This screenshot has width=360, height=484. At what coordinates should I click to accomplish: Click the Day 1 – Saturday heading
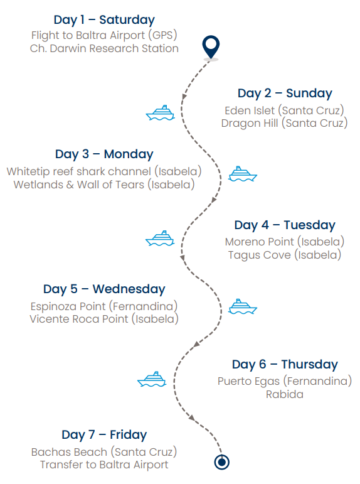pyautogui.click(x=104, y=20)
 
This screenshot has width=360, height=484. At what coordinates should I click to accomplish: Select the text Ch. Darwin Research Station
pyautogui.click(x=104, y=48)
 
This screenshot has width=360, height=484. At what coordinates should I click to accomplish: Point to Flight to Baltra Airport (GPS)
pyautogui.click(x=104, y=35)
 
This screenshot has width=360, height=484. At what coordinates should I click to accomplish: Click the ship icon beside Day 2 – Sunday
pyautogui.click(x=161, y=112)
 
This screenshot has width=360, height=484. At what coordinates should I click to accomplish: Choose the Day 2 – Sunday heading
pyautogui.click(x=285, y=93)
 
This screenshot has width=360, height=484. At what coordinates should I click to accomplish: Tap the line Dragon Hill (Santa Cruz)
pyautogui.click(x=284, y=123)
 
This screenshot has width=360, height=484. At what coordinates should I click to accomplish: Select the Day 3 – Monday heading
pyautogui.click(x=104, y=154)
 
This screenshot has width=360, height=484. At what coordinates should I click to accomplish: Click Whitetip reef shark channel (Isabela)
pyautogui.click(x=104, y=171)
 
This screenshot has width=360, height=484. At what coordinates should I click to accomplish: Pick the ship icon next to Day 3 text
pyautogui.click(x=243, y=174)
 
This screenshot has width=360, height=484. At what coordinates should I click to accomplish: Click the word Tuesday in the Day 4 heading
pyautogui.click(x=309, y=225)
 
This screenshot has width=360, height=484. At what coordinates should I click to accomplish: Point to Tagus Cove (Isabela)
pyautogui.click(x=284, y=255)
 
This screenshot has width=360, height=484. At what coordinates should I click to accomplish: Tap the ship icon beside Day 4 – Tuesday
pyautogui.click(x=160, y=239)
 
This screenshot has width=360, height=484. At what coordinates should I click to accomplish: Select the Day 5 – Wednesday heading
pyautogui.click(x=104, y=289)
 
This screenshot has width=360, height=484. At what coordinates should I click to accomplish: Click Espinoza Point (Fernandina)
pyautogui.click(x=104, y=306)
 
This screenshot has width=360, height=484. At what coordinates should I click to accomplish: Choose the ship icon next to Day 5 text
pyautogui.click(x=243, y=306)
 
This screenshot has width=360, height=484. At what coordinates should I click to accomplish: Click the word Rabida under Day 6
pyautogui.click(x=284, y=394)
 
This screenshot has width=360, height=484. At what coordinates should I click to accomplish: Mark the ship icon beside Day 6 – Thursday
pyautogui.click(x=152, y=379)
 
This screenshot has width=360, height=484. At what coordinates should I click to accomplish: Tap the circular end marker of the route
pyautogui.click(x=221, y=462)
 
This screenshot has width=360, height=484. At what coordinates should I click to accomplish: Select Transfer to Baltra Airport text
pyautogui.click(x=104, y=465)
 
